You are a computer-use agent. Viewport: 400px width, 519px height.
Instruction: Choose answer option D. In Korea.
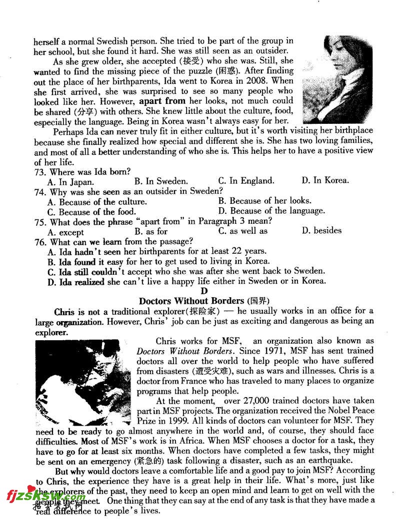coord(325,180)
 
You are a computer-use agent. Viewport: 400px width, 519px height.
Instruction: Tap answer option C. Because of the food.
coord(91,212)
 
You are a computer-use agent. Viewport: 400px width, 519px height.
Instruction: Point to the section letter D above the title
coord(203,291)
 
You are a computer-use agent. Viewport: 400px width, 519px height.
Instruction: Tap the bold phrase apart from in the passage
coord(162,101)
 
